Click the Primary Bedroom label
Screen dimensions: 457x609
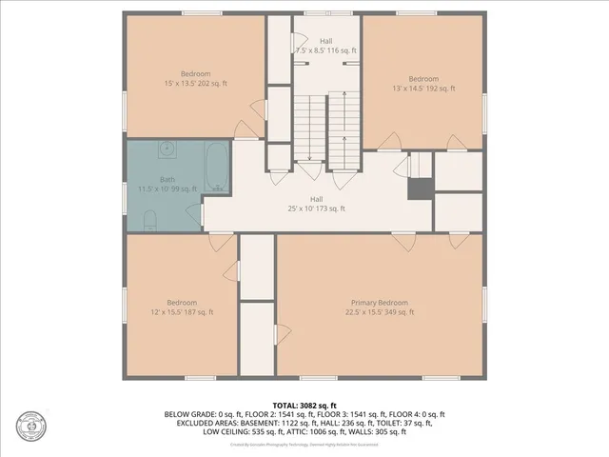380,307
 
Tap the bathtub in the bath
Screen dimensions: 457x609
216,167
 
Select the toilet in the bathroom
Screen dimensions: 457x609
148,221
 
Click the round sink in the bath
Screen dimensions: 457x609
167,149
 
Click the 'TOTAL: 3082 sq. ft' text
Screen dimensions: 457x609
304,405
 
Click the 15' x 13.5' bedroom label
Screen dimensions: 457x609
195,79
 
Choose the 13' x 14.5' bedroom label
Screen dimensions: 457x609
423,84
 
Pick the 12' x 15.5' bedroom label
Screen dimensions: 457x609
182,307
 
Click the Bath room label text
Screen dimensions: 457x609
167,184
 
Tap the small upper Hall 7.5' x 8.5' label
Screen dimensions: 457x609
325,46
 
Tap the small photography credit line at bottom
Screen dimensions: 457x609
304,444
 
